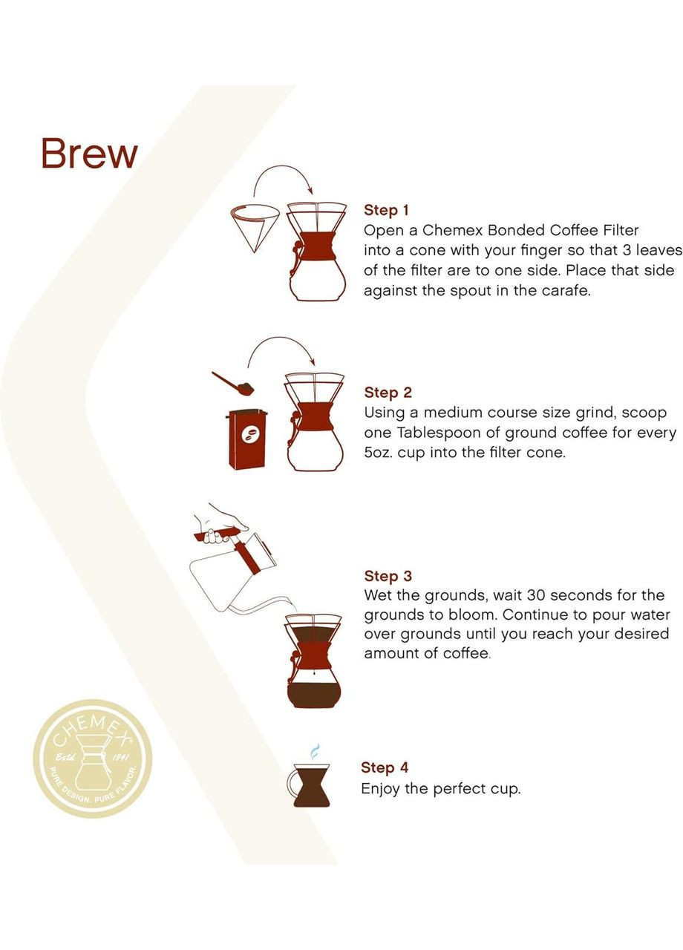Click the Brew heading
[x=89, y=154]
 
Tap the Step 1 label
[x=386, y=210]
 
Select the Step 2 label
[x=388, y=393]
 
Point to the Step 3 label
[x=388, y=576]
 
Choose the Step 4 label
[x=385, y=767]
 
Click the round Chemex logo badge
[x=93, y=759]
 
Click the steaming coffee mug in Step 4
[x=310, y=784]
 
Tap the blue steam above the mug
[x=315, y=750]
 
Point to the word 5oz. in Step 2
[x=379, y=453]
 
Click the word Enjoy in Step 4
[x=381, y=788]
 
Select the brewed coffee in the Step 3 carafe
[x=313, y=695]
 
